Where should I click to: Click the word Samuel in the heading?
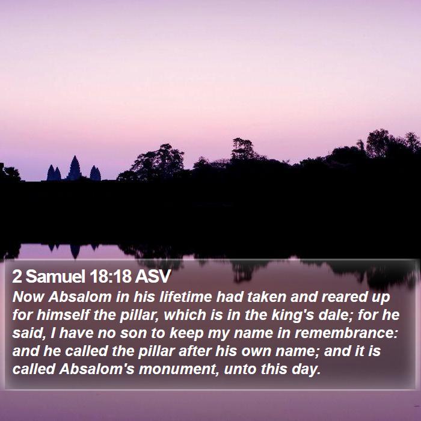55,276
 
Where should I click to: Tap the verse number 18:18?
111,276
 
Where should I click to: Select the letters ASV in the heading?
153,276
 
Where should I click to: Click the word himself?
63,315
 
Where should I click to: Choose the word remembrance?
346,333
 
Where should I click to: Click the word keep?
186,333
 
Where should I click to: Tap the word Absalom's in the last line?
97,369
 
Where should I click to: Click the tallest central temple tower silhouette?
74,168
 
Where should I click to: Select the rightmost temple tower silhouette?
95,173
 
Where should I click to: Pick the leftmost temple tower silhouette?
54,173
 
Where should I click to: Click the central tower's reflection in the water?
75,251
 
